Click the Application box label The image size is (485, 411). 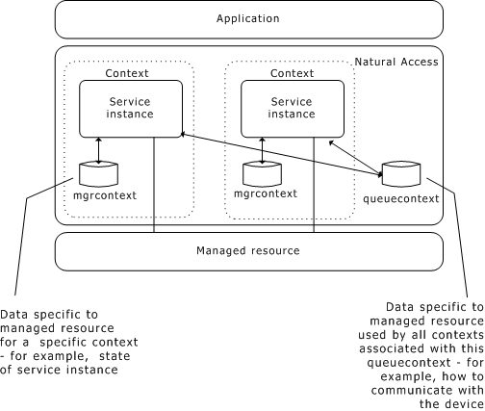248,18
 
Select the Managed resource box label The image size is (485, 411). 248,251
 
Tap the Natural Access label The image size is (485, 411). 396,62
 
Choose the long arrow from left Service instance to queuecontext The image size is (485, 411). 279,155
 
